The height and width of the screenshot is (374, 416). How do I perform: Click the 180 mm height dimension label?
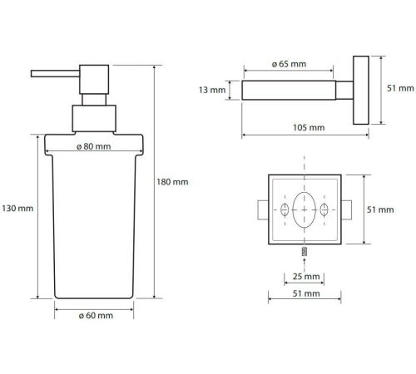(x=172, y=182)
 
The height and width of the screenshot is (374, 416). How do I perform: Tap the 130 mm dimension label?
(x=17, y=208)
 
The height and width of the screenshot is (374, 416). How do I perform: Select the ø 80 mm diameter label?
(x=94, y=146)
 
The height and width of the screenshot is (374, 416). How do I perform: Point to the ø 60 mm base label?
(x=96, y=315)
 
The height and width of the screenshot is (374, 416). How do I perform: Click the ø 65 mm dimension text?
(x=289, y=64)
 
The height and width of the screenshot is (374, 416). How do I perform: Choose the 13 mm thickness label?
(x=212, y=90)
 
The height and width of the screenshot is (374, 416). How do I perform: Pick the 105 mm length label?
(x=309, y=127)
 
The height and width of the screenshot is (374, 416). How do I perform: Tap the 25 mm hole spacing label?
(x=306, y=276)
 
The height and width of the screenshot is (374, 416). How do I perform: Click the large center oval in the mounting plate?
(x=305, y=209)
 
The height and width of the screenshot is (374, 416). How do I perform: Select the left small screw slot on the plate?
(x=285, y=209)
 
